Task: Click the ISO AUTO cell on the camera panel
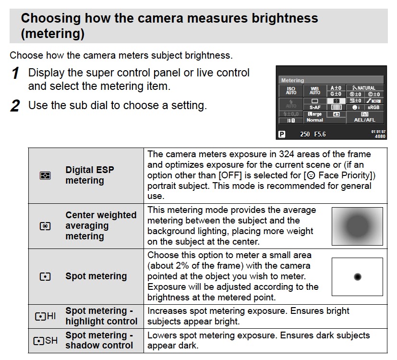coord(291,90)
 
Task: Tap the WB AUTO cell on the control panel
coord(315,90)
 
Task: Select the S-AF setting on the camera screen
coord(315,108)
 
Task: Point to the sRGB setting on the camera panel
coord(373,108)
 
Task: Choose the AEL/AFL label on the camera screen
coord(364,120)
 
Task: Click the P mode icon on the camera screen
coord(283,134)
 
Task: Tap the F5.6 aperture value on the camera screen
coord(320,134)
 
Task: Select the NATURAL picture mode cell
coord(364,88)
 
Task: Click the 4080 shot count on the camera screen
coord(380,137)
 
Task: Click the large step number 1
coord(15,74)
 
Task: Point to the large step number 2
coord(15,106)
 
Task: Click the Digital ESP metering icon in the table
coord(45,175)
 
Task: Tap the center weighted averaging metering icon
coord(45,226)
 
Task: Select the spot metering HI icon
coord(45,316)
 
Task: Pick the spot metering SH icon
coord(45,340)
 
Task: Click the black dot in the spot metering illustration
coord(357,276)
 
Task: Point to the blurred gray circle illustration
coord(357,226)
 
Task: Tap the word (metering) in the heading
coord(53,34)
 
